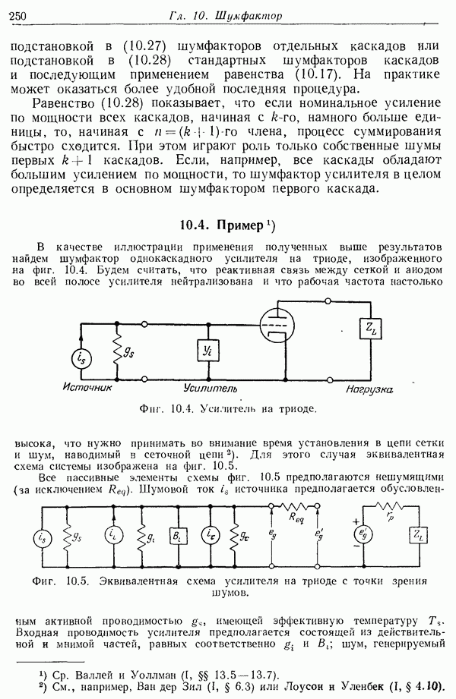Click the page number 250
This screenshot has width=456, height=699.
(x=17, y=14)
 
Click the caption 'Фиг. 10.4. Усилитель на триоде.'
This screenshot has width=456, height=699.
(x=228, y=409)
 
